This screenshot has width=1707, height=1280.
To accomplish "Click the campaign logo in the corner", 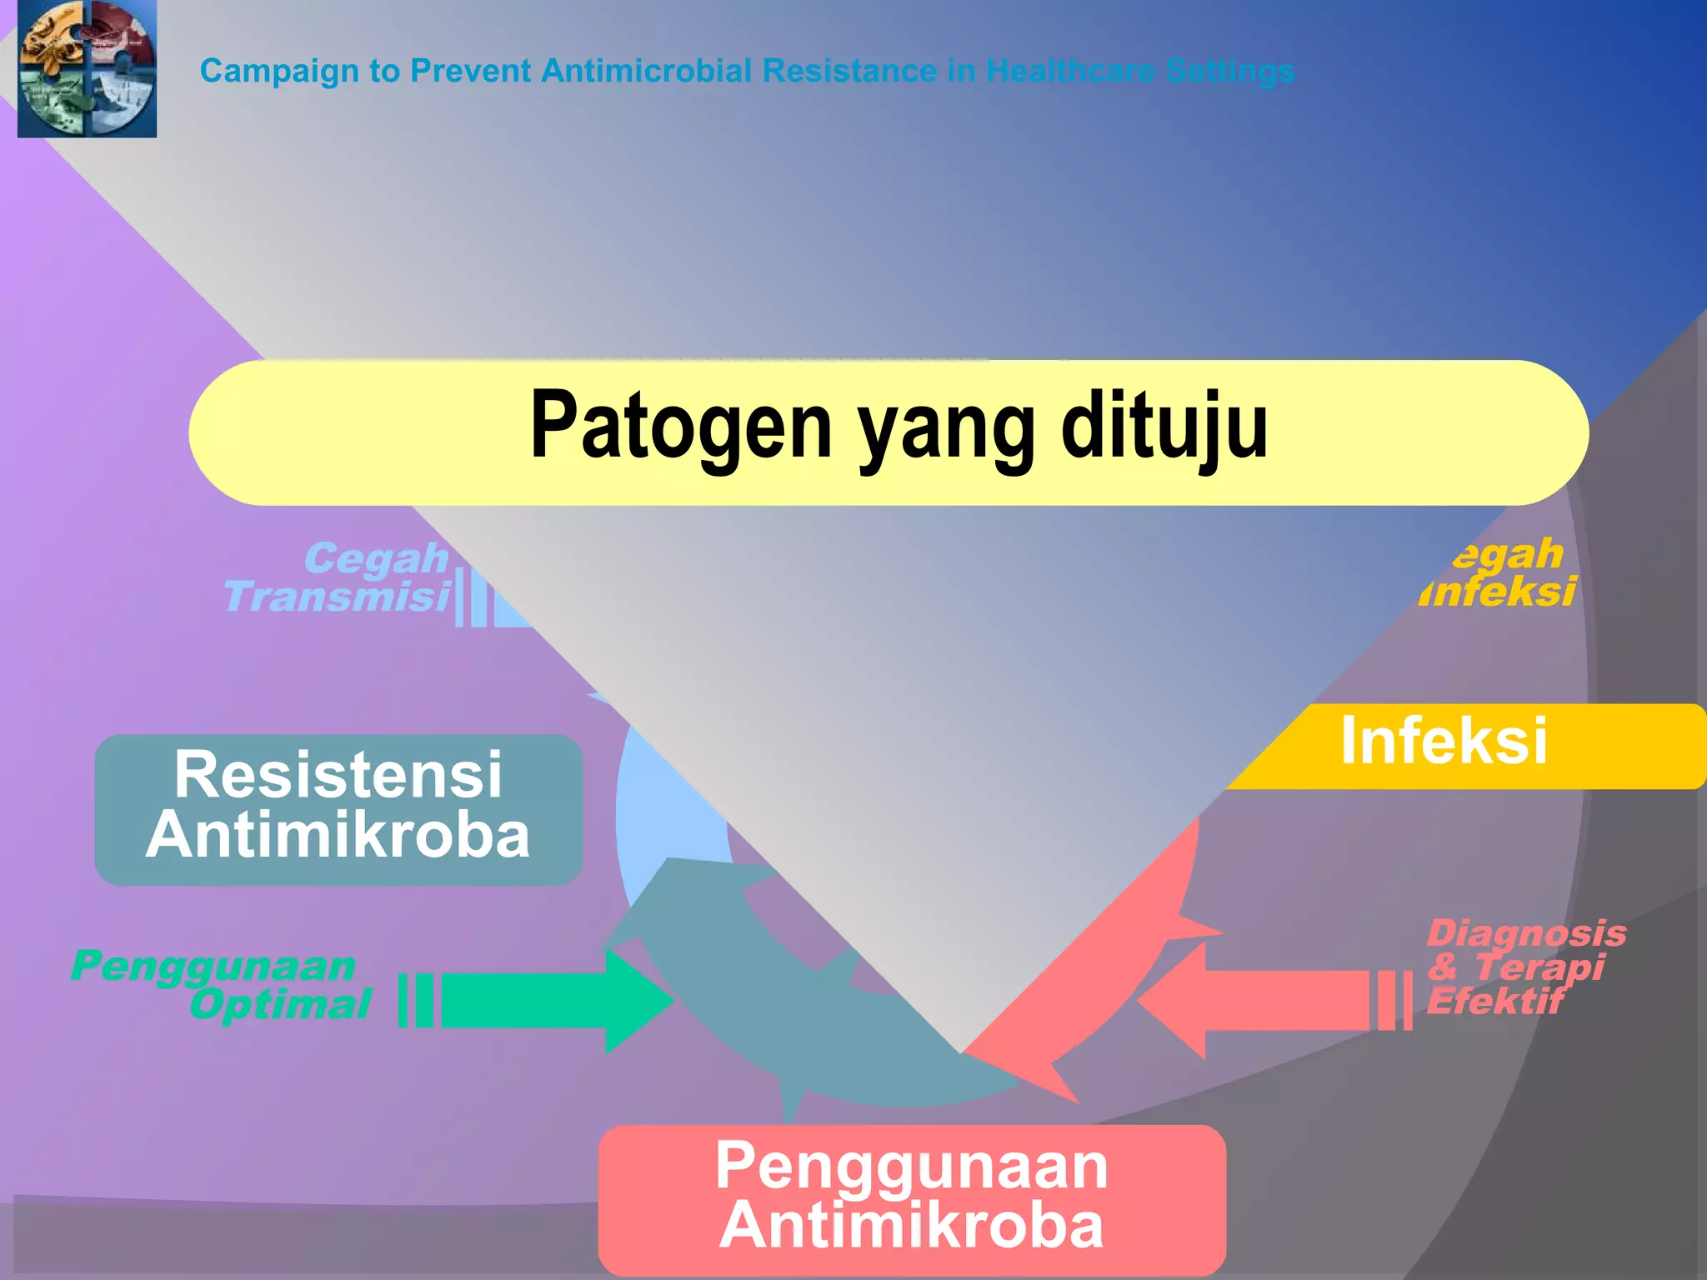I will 87,68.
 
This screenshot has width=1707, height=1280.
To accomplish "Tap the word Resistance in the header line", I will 849,71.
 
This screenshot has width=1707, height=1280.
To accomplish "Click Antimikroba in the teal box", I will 338,836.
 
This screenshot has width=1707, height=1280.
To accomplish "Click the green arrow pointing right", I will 550,1000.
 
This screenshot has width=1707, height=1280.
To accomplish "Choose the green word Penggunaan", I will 213,967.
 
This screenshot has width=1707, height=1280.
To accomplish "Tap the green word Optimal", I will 280,1004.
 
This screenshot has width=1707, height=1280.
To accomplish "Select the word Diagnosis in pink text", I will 1526,932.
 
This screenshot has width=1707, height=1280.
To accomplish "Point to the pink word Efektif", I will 1495,1001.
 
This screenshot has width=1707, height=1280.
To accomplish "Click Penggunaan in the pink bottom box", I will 911,1166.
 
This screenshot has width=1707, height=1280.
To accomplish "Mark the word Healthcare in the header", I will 1071,71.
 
